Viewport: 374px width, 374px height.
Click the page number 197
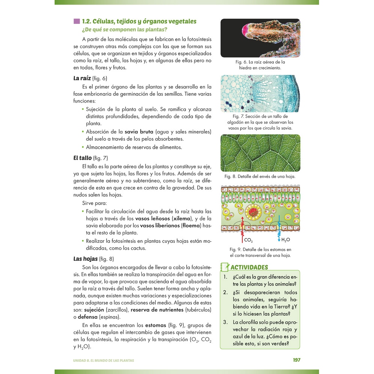tap(296, 360)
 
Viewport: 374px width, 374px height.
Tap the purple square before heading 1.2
tap(77, 21)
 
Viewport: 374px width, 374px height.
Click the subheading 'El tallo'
tap(82, 158)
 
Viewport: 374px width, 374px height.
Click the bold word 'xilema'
tap(181, 218)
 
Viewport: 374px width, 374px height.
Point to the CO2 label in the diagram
tap(248, 240)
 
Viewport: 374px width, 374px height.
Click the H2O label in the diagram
tap(286, 240)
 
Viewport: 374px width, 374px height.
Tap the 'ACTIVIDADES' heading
tap(249, 267)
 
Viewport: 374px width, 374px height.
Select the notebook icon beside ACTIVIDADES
tap(224, 267)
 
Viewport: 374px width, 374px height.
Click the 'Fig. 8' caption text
tap(260, 176)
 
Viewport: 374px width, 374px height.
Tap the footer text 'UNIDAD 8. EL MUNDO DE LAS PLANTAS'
tap(104, 361)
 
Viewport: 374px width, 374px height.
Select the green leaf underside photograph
tap(260, 153)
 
